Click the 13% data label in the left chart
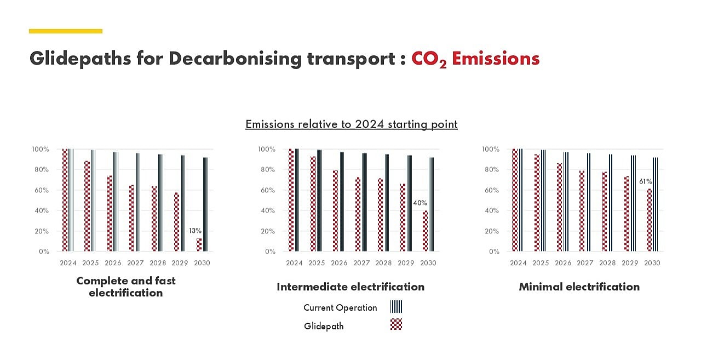(195, 231)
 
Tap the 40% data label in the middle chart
(420, 203)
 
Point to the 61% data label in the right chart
(645, 181)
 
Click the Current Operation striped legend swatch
(396, 307)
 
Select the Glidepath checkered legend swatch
(396, 324)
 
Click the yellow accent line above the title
(66, 31)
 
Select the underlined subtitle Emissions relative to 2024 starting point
(351, 124)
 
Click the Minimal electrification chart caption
(579, 287)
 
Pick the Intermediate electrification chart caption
(350, 287)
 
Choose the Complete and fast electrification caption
(126, 287)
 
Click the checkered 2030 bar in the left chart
(199, 244)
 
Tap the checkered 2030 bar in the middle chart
(424, 231)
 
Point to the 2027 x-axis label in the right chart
(585, 263)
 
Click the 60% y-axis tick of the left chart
(41, 190)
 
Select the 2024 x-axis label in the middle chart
(294, 263)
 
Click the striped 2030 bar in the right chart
(654, 204)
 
